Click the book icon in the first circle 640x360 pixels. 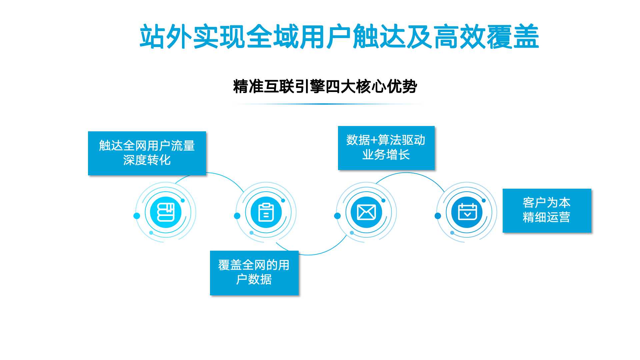[x=166, y=212]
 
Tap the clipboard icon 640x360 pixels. [x=266, y=212]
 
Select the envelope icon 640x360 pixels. [x=366, y=212]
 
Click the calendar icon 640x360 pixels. [x=467, y=212]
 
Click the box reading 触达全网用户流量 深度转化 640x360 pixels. [x=147, y=153]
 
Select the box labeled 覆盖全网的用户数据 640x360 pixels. [x=254, y=273]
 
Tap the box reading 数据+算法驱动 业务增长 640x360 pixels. [x=386, y=148]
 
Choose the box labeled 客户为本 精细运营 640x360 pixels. [x=547, y=210]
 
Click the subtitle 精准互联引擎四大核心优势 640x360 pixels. [x=325, y=87]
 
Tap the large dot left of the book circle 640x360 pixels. [x=137, y=216]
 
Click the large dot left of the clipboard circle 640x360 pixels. [x=237, y=216]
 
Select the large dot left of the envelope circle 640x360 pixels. [x=337, y=216]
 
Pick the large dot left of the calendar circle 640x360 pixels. [x=438, y=216]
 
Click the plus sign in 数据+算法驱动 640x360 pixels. [x=374, y=140]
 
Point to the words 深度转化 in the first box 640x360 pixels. [x=147, y=160]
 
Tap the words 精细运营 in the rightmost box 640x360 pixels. [x=547, y=217]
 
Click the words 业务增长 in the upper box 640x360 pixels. [x=386, y=155]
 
